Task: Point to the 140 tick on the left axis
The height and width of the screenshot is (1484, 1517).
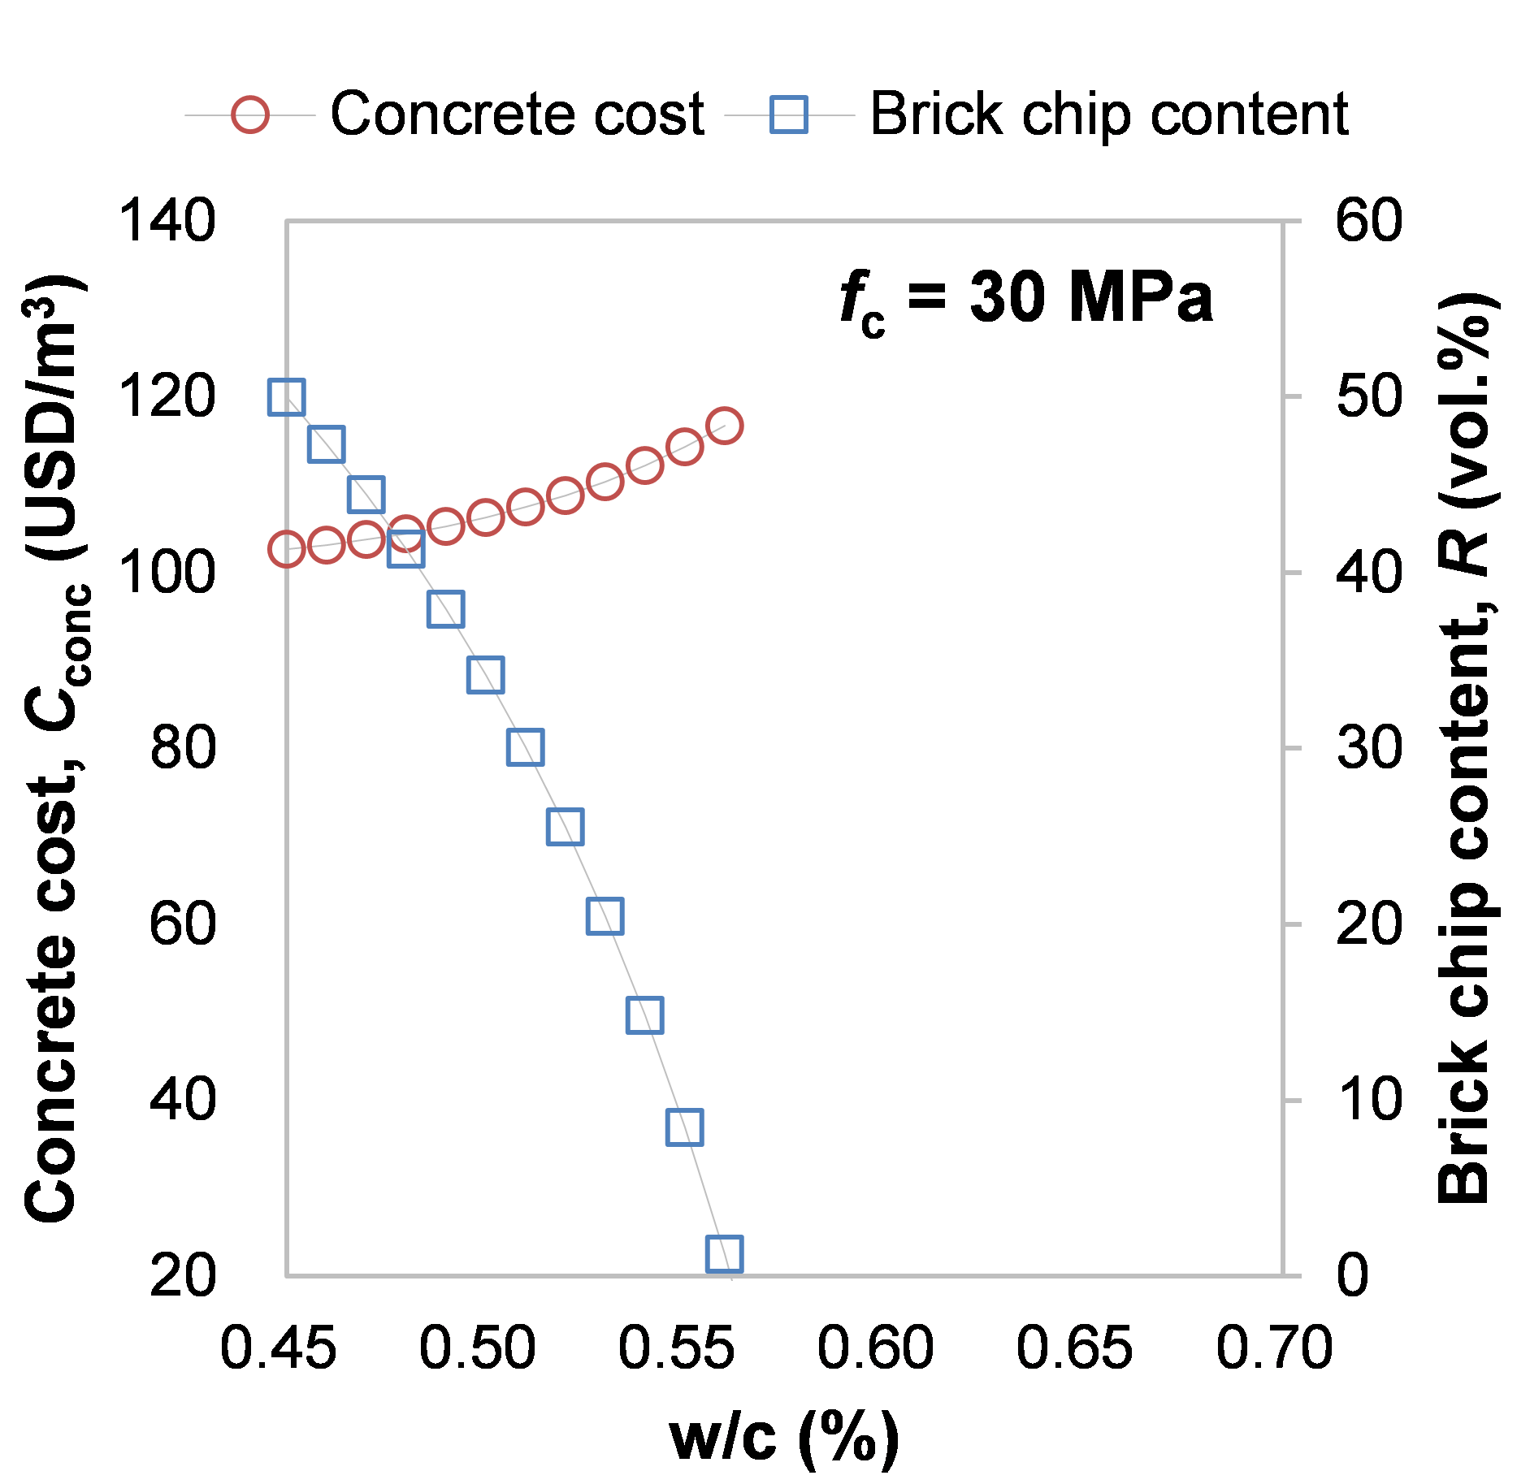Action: click(x=167, y=220)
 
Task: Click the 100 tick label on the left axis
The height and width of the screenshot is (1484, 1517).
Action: click(x=167, y=572)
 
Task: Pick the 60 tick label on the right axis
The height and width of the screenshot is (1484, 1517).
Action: click(x=1369, y=220)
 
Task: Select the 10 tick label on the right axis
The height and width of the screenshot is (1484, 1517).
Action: click(x=1369, y=1100)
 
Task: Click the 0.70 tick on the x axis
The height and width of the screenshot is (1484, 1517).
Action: click(x=1274, y=1349)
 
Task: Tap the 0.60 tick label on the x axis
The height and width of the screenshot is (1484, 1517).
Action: click(x=875, y=1349)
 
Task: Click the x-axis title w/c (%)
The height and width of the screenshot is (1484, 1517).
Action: click(x=784, y=1438)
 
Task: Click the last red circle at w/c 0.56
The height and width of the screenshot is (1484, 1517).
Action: click(x=724, y=426)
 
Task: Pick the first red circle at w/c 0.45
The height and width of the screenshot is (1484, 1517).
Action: click(x=286, y=549)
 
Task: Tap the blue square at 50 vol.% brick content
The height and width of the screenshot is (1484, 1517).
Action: click(x=286, y=396)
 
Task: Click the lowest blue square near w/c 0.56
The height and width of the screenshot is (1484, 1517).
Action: click(x=724, y=1253)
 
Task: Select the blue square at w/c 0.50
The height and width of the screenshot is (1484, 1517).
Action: click(x=485, y=675)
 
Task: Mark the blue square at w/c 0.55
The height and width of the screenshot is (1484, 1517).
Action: click(x=684, y=1127)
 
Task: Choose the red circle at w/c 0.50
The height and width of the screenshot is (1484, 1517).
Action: click(x=485, y=517)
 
